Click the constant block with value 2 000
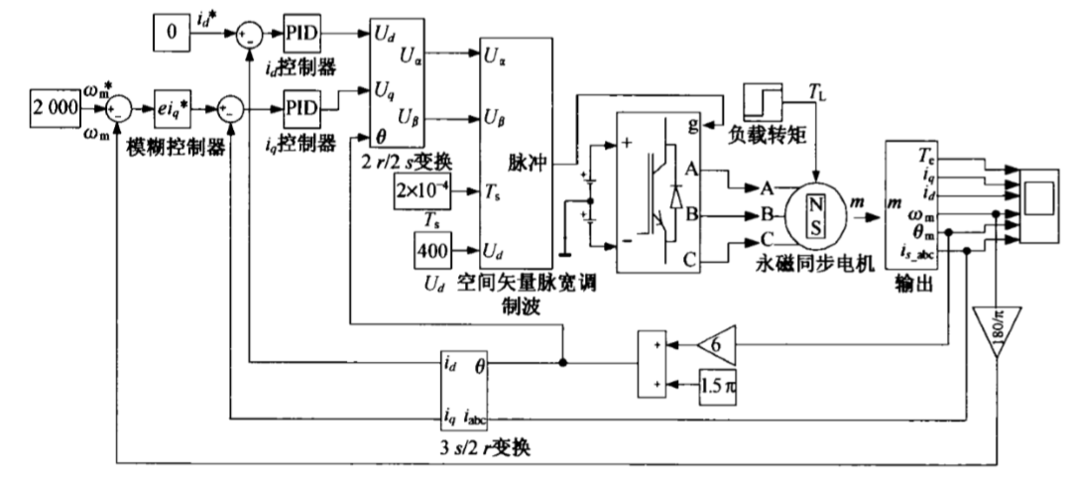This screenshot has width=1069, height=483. tap(56, 105)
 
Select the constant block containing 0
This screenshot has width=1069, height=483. tap(170, 35)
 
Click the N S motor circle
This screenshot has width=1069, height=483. tap(816, 212)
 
